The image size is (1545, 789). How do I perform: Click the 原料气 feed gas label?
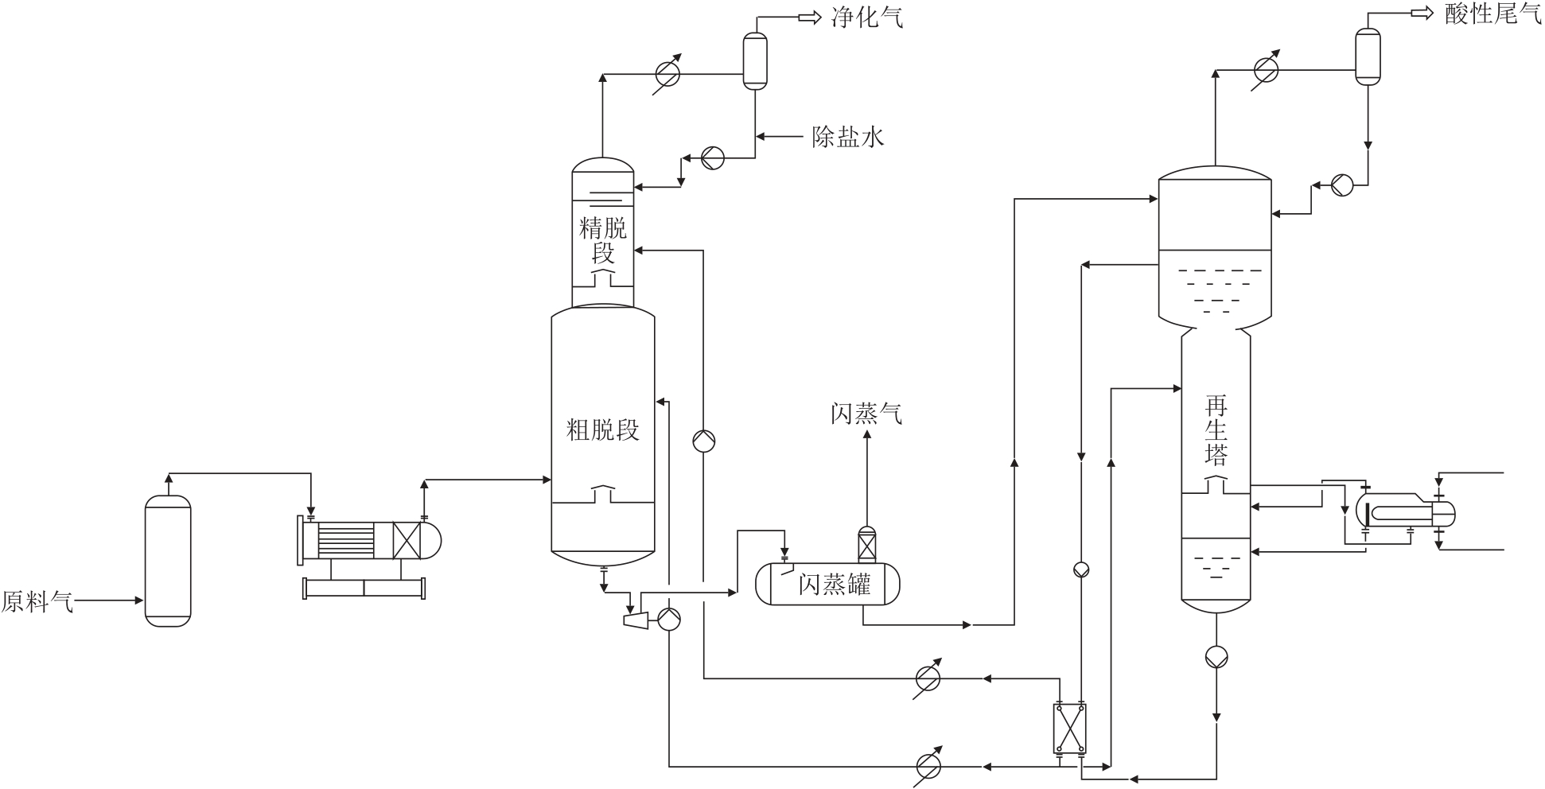click(37, 602)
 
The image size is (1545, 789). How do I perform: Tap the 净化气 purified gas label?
click(867, 17)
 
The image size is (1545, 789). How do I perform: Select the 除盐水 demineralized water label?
click(848, 137)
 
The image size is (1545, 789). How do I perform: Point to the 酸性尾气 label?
click(1492, 14)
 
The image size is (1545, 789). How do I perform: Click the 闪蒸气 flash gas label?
click(866, 414)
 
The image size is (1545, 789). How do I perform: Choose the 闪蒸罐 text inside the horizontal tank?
click(835, 585)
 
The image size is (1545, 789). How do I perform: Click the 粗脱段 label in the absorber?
click(603, 430)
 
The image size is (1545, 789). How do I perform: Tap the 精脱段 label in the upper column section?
click(603, 241)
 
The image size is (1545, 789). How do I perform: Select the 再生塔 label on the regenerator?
click(1216, 430)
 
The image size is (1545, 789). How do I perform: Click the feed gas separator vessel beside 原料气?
click(168, 561)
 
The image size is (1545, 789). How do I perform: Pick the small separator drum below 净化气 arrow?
click(755, 60)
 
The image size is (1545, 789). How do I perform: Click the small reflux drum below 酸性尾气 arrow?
click(1368, 56)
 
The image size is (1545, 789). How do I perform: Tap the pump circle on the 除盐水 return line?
click(713, 158)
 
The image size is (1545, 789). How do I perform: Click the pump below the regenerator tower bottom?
click(1216, 657)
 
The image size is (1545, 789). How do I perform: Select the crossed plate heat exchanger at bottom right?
click(1070, 729)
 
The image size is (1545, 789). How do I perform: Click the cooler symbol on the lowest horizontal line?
click(928, 766)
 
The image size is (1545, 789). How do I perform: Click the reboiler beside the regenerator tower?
click(1405, 511)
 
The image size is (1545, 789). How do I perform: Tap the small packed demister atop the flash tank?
click(866, 546)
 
